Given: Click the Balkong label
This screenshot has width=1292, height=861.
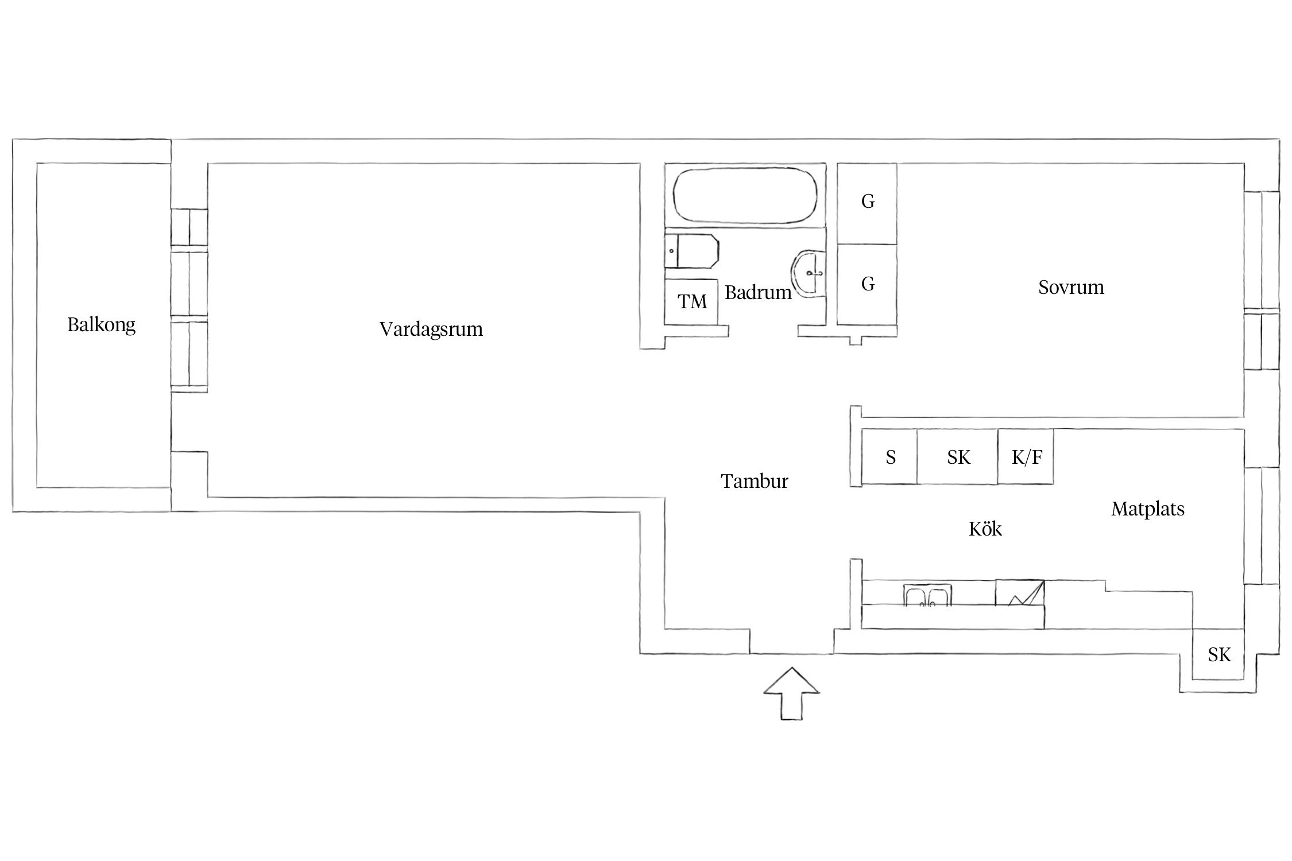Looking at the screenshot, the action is pyautogui.click(x=102, y=325).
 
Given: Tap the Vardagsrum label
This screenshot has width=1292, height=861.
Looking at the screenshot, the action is pyautogui.click(x=431, y=329).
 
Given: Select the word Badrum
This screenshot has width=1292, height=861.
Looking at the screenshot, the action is pyautogui.click(x=758, y=293).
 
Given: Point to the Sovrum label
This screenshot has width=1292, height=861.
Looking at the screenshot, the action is pyautogui.click(x=1071, y=287).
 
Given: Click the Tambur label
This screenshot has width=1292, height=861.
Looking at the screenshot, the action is pyautogui.click(x=755, y=481).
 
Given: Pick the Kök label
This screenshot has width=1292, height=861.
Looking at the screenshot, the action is pyautogui.click(x=985, y=529).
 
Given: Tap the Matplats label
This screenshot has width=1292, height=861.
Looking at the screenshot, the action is pyautogui.click(x=1148, y=509).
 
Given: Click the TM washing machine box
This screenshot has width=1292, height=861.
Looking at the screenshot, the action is pyautogui.click(x=692, y=302).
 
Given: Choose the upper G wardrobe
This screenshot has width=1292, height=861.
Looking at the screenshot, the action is pyautogui.click(x=867, y=203).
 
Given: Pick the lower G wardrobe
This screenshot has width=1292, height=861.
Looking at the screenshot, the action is pyautogui.click(x=867, y=285).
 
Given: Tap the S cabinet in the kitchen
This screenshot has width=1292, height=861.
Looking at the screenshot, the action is pyautogui.click(x=889, y=457).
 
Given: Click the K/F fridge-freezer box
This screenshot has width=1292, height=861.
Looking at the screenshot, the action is pyautogui.click(x=1026, y=457).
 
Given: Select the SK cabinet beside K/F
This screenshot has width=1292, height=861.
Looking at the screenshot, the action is pyautogui.click(x=957, y=457).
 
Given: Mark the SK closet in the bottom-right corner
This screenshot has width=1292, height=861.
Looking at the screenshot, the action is pyautogui.click(x=1218, y=654).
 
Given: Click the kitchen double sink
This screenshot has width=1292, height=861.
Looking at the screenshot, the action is pyautogui.click(x=927, y=595).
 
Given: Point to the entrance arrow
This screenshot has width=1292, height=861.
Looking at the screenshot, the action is pyautogui.click(x=791, y=693).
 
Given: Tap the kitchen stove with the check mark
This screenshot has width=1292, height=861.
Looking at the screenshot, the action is pyautogui.click(x=1020, y=592).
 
